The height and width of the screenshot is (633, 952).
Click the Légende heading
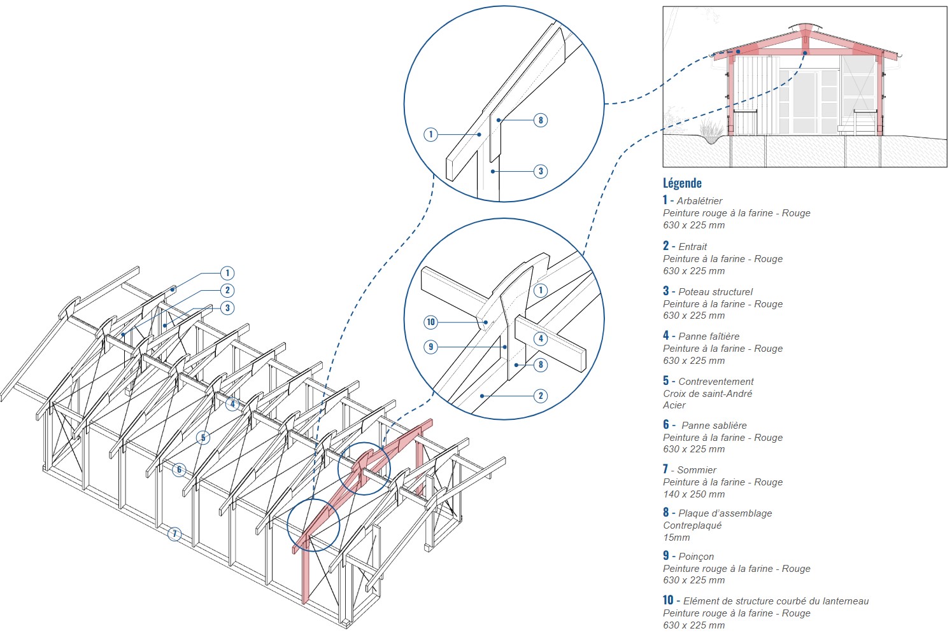tap(682, 183)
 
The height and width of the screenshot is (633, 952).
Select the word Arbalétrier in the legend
tap(699, 201)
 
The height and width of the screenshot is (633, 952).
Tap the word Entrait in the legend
tap(693, 247)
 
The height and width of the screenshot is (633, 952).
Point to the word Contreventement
tap(716, 382)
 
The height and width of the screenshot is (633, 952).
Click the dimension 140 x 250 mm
tap(693, 494)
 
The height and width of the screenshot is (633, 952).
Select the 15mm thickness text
tap(676, 538)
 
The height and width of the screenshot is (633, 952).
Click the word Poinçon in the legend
tap(696, 557)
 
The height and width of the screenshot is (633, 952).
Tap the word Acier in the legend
tap(674, 405)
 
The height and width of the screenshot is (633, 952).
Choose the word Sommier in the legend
tap(697, 470)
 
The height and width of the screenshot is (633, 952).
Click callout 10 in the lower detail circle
tap(431, 322)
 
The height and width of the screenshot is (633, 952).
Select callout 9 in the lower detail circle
tap(431, 347)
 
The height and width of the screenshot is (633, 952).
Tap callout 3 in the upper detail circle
tap(541, 171)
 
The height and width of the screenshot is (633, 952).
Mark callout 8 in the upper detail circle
tap(541, 120)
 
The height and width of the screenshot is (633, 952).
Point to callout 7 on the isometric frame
tap(174, 534)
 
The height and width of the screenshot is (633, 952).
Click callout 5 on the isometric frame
tap(203, 438)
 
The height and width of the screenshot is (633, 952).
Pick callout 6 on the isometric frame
tap(179, 470)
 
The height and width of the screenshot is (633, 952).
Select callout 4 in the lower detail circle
tap(541, 338)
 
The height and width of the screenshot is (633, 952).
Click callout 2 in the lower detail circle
tap(541, 396)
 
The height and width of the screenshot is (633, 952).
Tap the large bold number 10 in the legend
tap(668, 600)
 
